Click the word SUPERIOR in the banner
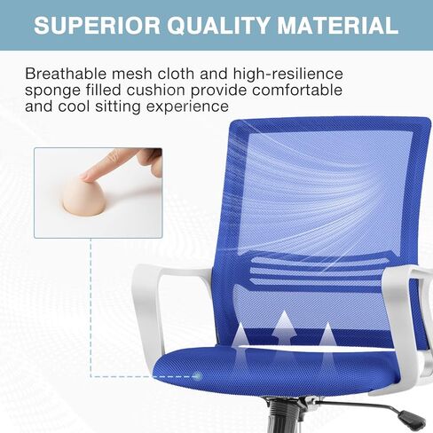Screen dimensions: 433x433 point(97,25)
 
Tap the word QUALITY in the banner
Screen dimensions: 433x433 point(218,26)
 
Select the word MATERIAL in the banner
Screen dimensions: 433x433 point(337,25)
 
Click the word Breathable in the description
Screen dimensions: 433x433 point(66,74)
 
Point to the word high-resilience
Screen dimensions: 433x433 point(287,75)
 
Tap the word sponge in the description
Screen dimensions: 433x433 point(52,91)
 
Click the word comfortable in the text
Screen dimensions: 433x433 point(297,90)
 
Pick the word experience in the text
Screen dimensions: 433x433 point(187,107)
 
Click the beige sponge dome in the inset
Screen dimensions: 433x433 point(83,197)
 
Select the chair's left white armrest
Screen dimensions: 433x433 point(160,299)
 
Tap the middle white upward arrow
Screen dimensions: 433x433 point(284,328)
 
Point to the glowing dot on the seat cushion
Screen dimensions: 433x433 point(198,376)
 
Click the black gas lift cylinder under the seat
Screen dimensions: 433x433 point(282,416)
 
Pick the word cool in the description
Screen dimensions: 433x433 point(74,106)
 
